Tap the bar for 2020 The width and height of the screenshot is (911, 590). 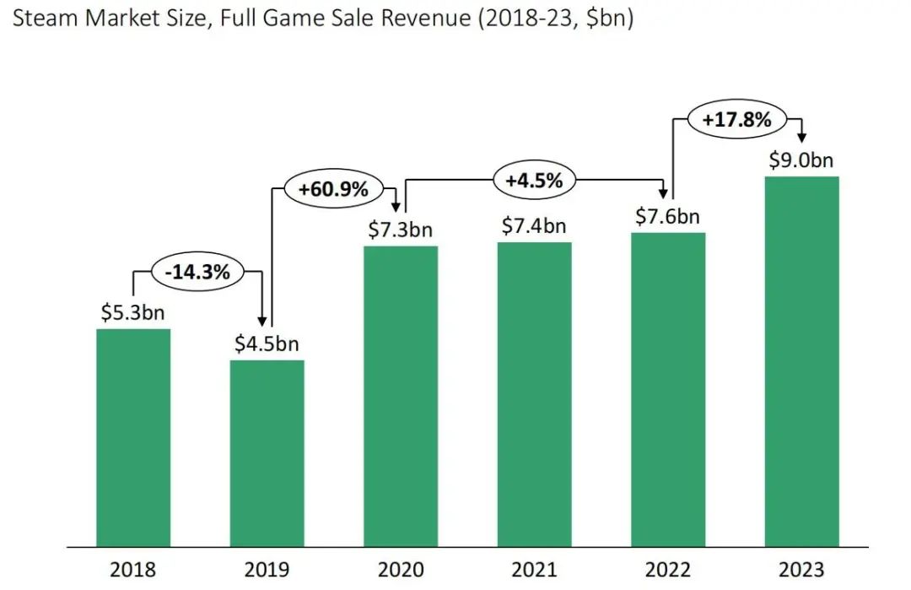click(401, 396)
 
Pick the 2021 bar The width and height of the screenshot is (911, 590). click(534, 394)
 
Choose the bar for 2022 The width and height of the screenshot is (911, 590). click(668, 389)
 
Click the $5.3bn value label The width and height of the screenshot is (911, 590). click(133, 314)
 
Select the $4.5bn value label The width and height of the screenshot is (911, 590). click(267, 344)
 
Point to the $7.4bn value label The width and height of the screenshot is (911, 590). click(534, 226)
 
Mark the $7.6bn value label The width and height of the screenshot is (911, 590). click(668, 217)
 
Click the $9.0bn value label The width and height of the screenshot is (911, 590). click(801, 160)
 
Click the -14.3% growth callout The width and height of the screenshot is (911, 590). click(198, 272)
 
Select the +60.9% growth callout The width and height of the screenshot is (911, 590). click(333, 189)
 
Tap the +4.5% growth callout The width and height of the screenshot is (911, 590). click(535, 179)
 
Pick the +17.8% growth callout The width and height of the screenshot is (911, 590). click(736, 120)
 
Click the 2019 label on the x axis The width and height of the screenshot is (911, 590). click(267, 570)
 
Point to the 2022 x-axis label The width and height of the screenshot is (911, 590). click(668, 570)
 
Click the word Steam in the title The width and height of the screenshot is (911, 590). click(41, 19)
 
